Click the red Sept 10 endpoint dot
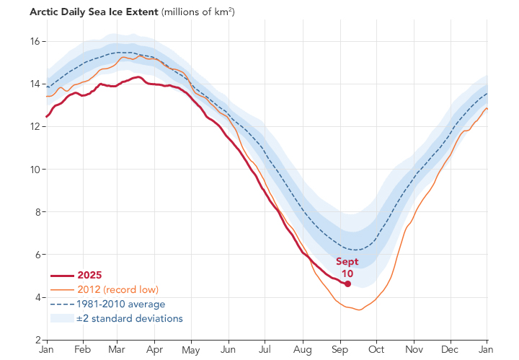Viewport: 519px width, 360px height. pos(348,284)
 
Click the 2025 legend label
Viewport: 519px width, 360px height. pos(90,275)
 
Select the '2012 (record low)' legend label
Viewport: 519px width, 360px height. pos(119,289)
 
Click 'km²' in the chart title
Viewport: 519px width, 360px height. pos(221,12)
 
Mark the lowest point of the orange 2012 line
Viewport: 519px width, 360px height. pos(358,310)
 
